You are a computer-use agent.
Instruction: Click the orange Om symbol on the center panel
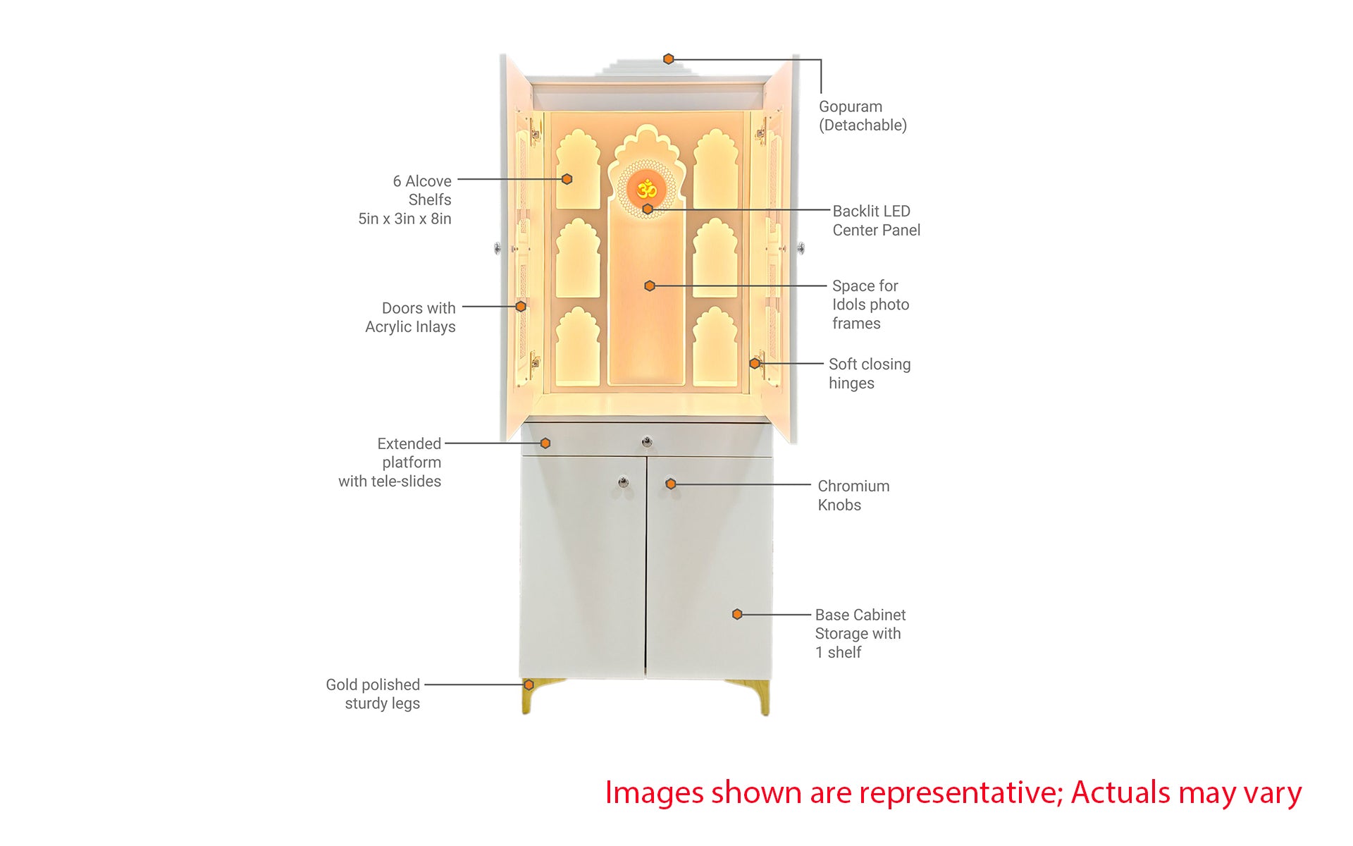coord(647,189)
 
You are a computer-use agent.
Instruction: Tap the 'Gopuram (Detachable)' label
coord(863,116)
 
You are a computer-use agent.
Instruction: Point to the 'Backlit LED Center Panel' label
coord(876,221)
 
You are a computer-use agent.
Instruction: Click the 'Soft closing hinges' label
coord(870,374)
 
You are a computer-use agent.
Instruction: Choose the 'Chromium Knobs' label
coord(853,496)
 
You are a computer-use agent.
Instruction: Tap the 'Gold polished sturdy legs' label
coord(373,694)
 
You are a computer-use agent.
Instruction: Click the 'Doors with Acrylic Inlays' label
coord(410,317)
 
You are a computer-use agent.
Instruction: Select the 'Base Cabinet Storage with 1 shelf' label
coord(860,633)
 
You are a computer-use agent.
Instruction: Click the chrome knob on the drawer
coord(647,442)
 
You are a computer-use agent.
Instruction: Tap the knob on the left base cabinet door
coord(623,482)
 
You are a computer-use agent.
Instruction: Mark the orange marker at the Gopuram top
coord(669,59)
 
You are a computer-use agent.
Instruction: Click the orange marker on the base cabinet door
coord(737,615)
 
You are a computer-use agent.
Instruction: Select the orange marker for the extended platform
coord(545,443)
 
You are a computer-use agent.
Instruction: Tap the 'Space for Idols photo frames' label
coord(870,305)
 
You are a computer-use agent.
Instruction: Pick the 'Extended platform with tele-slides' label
coord(390,462)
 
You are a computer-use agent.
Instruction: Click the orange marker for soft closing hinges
coord(755,364)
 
